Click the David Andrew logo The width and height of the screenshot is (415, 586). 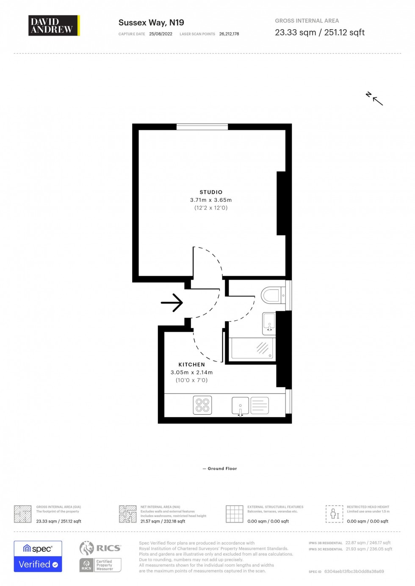point(54,25)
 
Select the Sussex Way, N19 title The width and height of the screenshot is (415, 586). point(151,23)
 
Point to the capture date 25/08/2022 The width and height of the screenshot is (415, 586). point(160,34)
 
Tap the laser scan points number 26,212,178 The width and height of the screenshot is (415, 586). point(229,34)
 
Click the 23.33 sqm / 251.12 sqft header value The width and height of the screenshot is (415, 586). point(319,33)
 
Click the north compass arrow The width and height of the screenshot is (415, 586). point(375,99)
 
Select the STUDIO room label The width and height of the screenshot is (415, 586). point(211,192)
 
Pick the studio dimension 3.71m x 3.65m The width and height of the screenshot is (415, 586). point(211,200)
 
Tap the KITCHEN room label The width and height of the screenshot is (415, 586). point(191,365)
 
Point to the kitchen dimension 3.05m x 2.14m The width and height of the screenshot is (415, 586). point(191,373)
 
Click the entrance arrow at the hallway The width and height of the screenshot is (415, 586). point(172,303)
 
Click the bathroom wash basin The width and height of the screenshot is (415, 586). point(269,322)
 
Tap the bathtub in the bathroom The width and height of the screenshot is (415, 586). point(252,348)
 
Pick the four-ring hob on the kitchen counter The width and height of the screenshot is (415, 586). point(202,405)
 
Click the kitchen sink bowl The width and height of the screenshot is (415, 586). point(240,405)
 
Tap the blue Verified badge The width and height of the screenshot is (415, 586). point(38,564)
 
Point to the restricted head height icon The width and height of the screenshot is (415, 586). point(334,514)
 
